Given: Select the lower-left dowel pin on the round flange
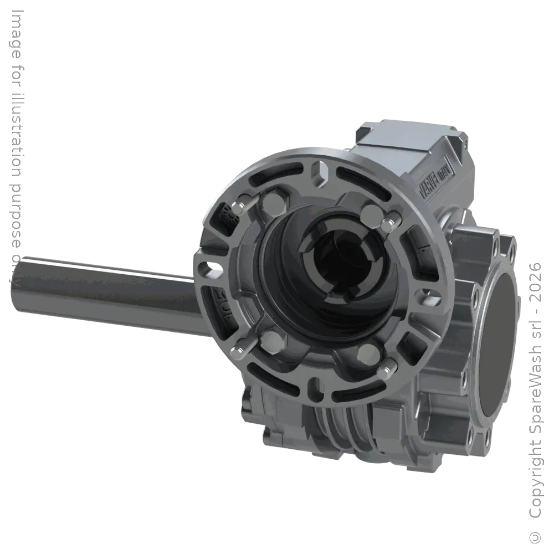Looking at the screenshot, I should pos(237,350).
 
